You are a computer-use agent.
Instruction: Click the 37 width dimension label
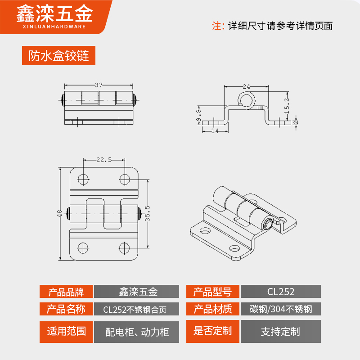pyautogui.click(x=99, y=85)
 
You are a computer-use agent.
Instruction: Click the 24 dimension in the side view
pyautogui.click(x=246, y=86)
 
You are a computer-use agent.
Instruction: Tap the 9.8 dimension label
pyautogui.click(x=198, y=116)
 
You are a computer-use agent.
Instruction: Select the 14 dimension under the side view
pyautogui.click(x=214, y=131)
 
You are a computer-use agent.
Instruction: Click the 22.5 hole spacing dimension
pyautogui.click(x=104, y=159)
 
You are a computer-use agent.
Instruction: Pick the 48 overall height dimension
pyautogui.click(x=59, y=213)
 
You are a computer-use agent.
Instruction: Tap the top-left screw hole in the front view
pyautogui.click(x=83, y=179)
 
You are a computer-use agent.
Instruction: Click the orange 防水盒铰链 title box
pyautogui.click(x=58, y=56)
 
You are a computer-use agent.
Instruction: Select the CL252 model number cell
pyautogui.click(x=281, y=292)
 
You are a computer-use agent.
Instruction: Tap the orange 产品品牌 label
pyautogui.click(x=66, y=292)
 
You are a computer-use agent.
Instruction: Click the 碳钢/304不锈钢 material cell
pyautogui.click(x=281, y=309)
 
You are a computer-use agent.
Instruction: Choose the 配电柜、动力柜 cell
pyautogui.click(x=137, y=332)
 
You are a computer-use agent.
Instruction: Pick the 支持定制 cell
pyautogui.click(x=281, y=332)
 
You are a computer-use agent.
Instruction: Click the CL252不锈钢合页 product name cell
pyautogui.click(x=137, y=309)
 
